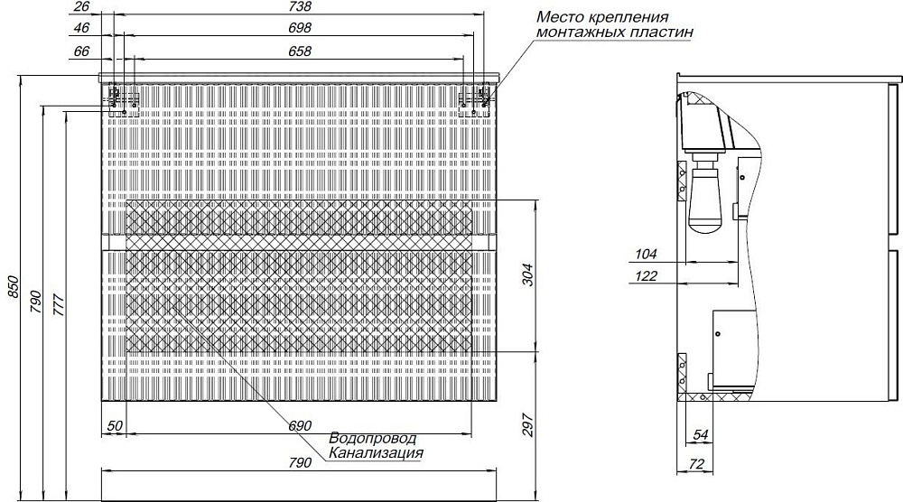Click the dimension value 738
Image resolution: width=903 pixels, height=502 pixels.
point(300,6)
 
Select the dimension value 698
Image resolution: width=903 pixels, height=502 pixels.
point(300,28)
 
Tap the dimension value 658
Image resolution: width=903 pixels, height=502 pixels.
point(300,51)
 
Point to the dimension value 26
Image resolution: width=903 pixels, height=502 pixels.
point(82,6)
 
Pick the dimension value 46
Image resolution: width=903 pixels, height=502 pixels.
point(82,28)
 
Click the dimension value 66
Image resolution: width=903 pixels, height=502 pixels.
point(82,51)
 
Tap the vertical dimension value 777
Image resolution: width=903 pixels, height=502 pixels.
point(59,304)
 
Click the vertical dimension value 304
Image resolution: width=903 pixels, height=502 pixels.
point(527,274)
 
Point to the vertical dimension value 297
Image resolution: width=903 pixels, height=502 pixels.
point(527,425)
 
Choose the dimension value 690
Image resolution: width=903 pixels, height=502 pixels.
point(300,426)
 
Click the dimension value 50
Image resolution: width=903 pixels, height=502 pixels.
point(116,426)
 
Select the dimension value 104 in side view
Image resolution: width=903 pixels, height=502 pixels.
point(647,254)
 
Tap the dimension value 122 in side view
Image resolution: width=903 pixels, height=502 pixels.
point(647,276)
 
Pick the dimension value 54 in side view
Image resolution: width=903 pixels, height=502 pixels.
point(701,435)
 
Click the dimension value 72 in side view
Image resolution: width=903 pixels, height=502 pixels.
point(696,464)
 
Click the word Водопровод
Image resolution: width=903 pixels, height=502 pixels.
point(373,439)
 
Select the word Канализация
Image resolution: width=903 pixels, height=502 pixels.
point(376,453)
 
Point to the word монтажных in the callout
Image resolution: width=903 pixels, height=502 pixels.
point(577,32)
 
